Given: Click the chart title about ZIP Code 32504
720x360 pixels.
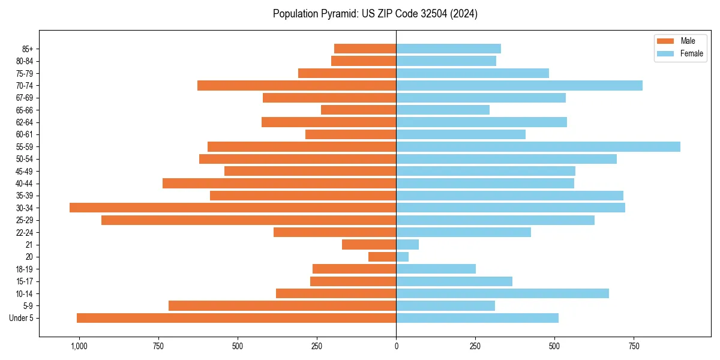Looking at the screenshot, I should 375,14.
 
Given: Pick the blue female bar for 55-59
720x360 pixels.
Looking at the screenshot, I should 538,146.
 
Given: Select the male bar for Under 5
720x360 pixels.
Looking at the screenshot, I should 236,318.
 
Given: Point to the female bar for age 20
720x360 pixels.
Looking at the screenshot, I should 403,257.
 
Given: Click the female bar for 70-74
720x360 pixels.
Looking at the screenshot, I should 519,85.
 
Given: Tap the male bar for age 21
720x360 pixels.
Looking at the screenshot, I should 369,244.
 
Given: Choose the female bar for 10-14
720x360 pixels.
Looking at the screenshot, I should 502,293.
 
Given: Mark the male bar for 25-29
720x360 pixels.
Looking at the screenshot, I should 248,220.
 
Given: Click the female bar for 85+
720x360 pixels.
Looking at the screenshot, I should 448,49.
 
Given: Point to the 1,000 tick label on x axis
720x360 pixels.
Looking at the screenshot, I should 79,346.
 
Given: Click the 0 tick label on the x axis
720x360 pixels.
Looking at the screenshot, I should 396,346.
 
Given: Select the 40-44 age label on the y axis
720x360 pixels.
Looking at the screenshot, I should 25,184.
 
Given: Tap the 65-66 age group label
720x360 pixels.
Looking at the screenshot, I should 25,110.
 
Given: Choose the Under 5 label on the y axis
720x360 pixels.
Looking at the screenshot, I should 22,318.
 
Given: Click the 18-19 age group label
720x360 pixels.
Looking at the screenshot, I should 25,269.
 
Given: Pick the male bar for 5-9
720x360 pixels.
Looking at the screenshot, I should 282,306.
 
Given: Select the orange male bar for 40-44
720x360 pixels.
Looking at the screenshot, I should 279,183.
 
